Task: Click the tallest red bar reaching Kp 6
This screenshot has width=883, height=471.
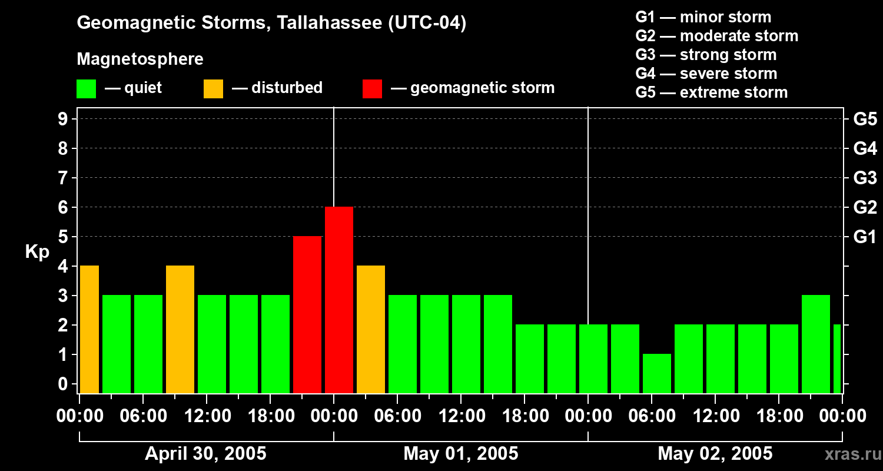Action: (x=339, y=300)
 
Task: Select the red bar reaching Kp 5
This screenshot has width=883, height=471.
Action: (x=307, y=315)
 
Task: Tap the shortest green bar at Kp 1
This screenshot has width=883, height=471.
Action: (x=657, y=373)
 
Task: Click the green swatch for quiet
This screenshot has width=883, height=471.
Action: (x=86, y=88)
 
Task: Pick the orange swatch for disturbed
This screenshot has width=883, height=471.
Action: (x=213, y=88)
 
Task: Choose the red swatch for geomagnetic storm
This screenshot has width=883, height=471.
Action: (x=372, y=88)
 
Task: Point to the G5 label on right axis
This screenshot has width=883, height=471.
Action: (x=865, y=120)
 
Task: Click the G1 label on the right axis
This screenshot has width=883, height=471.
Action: (x=865, y=237)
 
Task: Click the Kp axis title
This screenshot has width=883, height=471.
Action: (x=37, y=252)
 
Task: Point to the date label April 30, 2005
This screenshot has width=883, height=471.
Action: (x=205, y=454)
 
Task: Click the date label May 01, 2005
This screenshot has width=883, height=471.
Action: (x=461, y=454)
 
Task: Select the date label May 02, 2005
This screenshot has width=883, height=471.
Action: (x=715, y=454)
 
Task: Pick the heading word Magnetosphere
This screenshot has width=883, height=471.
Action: (x=140, y=59)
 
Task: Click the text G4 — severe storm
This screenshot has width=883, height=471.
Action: (x=706, y=74)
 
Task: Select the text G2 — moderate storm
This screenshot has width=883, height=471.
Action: (x=716, y=36)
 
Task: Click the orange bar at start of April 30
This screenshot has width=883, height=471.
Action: (x=89, y=330)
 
